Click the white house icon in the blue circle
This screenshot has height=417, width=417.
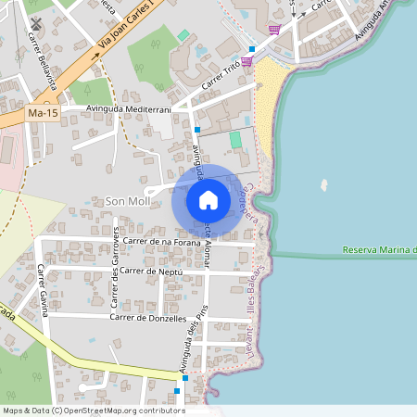pyautogui.click(x=208, y=199)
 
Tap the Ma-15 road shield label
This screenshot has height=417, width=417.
pyautogui.click(x=42, y=113)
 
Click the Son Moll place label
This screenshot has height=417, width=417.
pyautogui.click(x=127, y=201)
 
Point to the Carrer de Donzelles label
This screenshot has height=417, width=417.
pyautogui.click(x=148, y=317)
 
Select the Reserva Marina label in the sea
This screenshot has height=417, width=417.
pyautogui.click(x=378, y=250)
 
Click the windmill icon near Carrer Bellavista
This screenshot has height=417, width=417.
pyautogui.click(x=35, y=23)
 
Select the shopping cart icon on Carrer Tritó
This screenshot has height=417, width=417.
pyautogui.click(x=247, y=61)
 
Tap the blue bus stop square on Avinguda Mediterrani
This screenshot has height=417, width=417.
pyautogui.click(x=197, y=130)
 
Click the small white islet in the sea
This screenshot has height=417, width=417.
pyautogui.click(x=323, y=183)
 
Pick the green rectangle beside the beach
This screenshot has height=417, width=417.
pyautogui.click(x=235, y=139)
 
